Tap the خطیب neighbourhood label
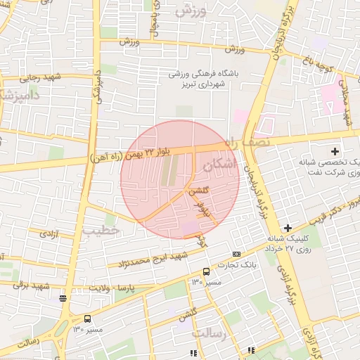pos(96,230)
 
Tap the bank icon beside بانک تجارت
pos(236,255)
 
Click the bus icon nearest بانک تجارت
pos(206,271)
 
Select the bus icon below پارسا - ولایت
pos(87,319)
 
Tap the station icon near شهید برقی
pos(63,298)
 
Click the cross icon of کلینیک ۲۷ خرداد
pos(288,228)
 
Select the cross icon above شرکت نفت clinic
pos(335,151)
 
